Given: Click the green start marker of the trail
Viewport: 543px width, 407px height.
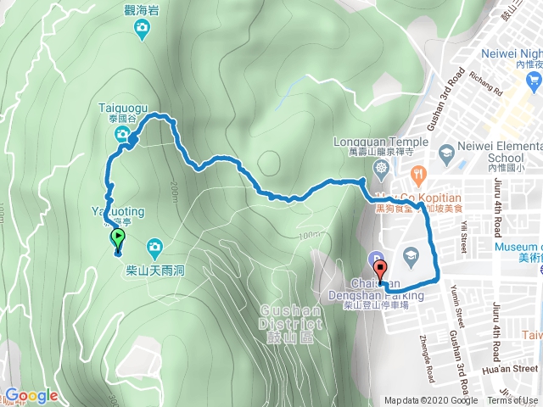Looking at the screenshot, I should pyautogui.click(x=119, y=239).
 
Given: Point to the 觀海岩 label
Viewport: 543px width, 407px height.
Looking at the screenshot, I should pyautogui.click(x=143, y=9).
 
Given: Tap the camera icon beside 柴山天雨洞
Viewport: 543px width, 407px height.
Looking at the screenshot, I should pyautogui.click(x=154, y=248).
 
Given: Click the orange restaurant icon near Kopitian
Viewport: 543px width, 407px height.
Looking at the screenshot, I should pyautogui.click(x=417, y=175).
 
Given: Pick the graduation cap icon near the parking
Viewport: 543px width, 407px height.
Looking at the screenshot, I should pyautogui.click(x=410, y=254).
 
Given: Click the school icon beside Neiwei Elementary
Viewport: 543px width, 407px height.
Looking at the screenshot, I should pyautogui.click(x=446, y=152).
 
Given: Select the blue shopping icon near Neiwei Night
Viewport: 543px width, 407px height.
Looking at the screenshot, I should pyautogui.click(x=534, y=81).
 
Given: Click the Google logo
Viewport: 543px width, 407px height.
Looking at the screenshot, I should pyautogui.click(x=31, y=396).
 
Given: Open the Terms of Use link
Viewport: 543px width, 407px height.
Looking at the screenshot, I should pyautogui.click(x=512, y=401).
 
